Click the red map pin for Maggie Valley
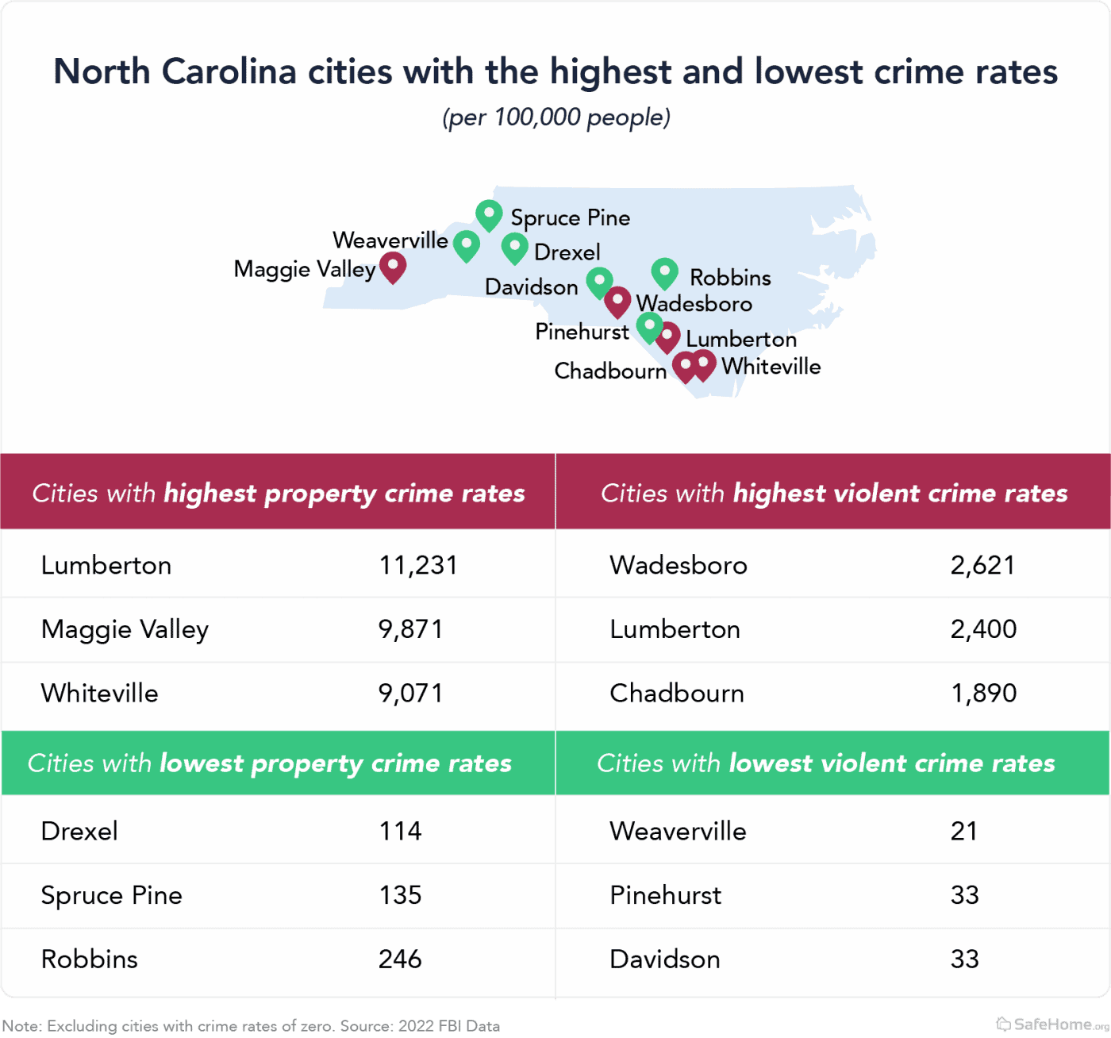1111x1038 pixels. click(x=393, y=267)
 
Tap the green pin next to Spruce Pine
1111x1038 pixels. click(x=489, y=214)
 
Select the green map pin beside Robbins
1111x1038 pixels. click(x=664, y=273)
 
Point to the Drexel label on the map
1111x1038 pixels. click(x=567, y=252)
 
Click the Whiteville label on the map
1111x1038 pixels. click(x=771, y=367)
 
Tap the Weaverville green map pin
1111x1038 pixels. click(x=466, y=244)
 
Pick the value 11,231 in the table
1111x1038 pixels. click(x=418, y=565)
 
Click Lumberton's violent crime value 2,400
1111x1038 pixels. click(x=983, y=629)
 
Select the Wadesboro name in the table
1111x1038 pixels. click(x=679, y=565)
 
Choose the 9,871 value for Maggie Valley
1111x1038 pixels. click(x=410, y=629)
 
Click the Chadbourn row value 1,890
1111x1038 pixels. click(x=983, y=693)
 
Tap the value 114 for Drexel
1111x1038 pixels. click(x=400, y=831)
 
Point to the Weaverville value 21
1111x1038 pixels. click(x=964, y=831)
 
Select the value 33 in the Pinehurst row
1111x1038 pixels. click(x=964, y=895)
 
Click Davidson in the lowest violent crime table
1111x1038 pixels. click(x=665, y=959)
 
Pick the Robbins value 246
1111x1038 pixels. click(x=400, y=959)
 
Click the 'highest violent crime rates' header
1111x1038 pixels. click(x=833, y=493)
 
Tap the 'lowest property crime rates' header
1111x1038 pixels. click(x=270, y=763)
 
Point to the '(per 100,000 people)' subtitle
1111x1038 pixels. click(x=555, y=117)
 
